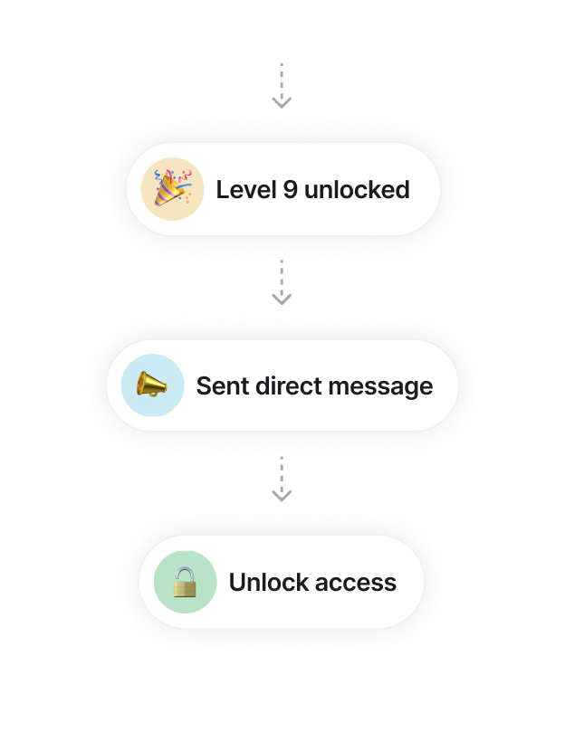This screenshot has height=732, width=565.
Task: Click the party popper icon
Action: pyautogui.click(x=172, y=188)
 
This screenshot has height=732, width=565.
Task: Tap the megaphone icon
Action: pyautogui.click(x=152, y=385)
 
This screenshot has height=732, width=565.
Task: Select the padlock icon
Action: pyautogui.click(x=185, y=582)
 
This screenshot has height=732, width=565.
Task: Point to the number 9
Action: pyautogui.click(x=289, y=190)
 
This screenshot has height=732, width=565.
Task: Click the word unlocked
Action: pyautogui.click(x=357, y=190)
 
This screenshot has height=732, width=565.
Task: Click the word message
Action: pyautogui.click(x=384, y=387)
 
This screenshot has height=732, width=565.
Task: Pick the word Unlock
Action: pyautogui.click(x=266, y=582)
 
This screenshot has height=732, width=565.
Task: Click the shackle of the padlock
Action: pyautogui.click(x=185, y=574)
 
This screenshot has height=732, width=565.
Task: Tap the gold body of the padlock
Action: pyautogui.click(x=185, y=589)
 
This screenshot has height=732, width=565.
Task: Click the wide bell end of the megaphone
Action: pyautogui.click(x=161, y=385)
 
